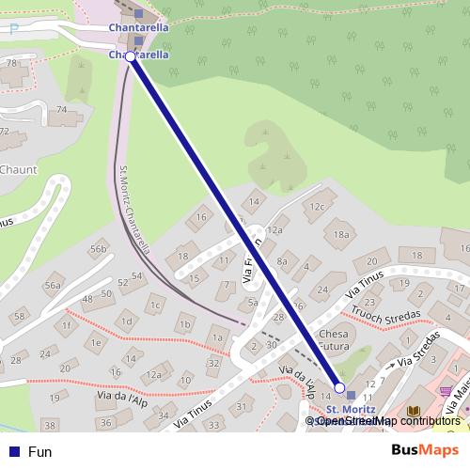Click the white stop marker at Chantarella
coord(131,56)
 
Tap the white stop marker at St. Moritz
coord(339,387)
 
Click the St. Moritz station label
coord(351,410)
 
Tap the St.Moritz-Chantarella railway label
coord(134,211)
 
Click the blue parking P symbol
coord(13,27)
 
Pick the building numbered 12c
coord(318,207)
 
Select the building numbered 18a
coord(341,235)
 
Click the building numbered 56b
coord(98,249)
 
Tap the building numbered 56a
coord(53,286)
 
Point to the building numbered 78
coord(11,63)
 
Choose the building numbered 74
coord(62,110)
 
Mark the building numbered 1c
coord(156,305)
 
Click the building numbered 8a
coord(282,262)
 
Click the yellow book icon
coord(413,411)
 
